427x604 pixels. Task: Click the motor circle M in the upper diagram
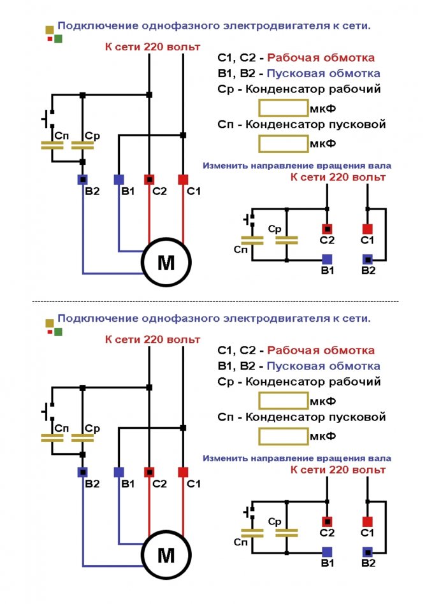tap(166, 263)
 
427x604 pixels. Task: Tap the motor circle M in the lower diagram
tap(166, 556)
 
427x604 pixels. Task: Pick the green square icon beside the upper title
tap(58, 39)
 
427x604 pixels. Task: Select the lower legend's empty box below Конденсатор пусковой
tap(282, 436)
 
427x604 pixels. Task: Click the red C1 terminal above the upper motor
tap(183, 179)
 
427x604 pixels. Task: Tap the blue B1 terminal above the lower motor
tap(119, 472)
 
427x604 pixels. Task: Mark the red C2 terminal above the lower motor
tap(150, 472)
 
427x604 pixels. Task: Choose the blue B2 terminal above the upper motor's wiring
tap(83, 179)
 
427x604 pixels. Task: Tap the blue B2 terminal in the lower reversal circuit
tap(368, 551)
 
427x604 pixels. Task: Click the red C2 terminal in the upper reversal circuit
tap(327, 228)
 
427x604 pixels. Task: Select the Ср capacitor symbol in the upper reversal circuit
tap(287, 240)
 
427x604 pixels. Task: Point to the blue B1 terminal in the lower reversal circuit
tap(327, 551)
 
